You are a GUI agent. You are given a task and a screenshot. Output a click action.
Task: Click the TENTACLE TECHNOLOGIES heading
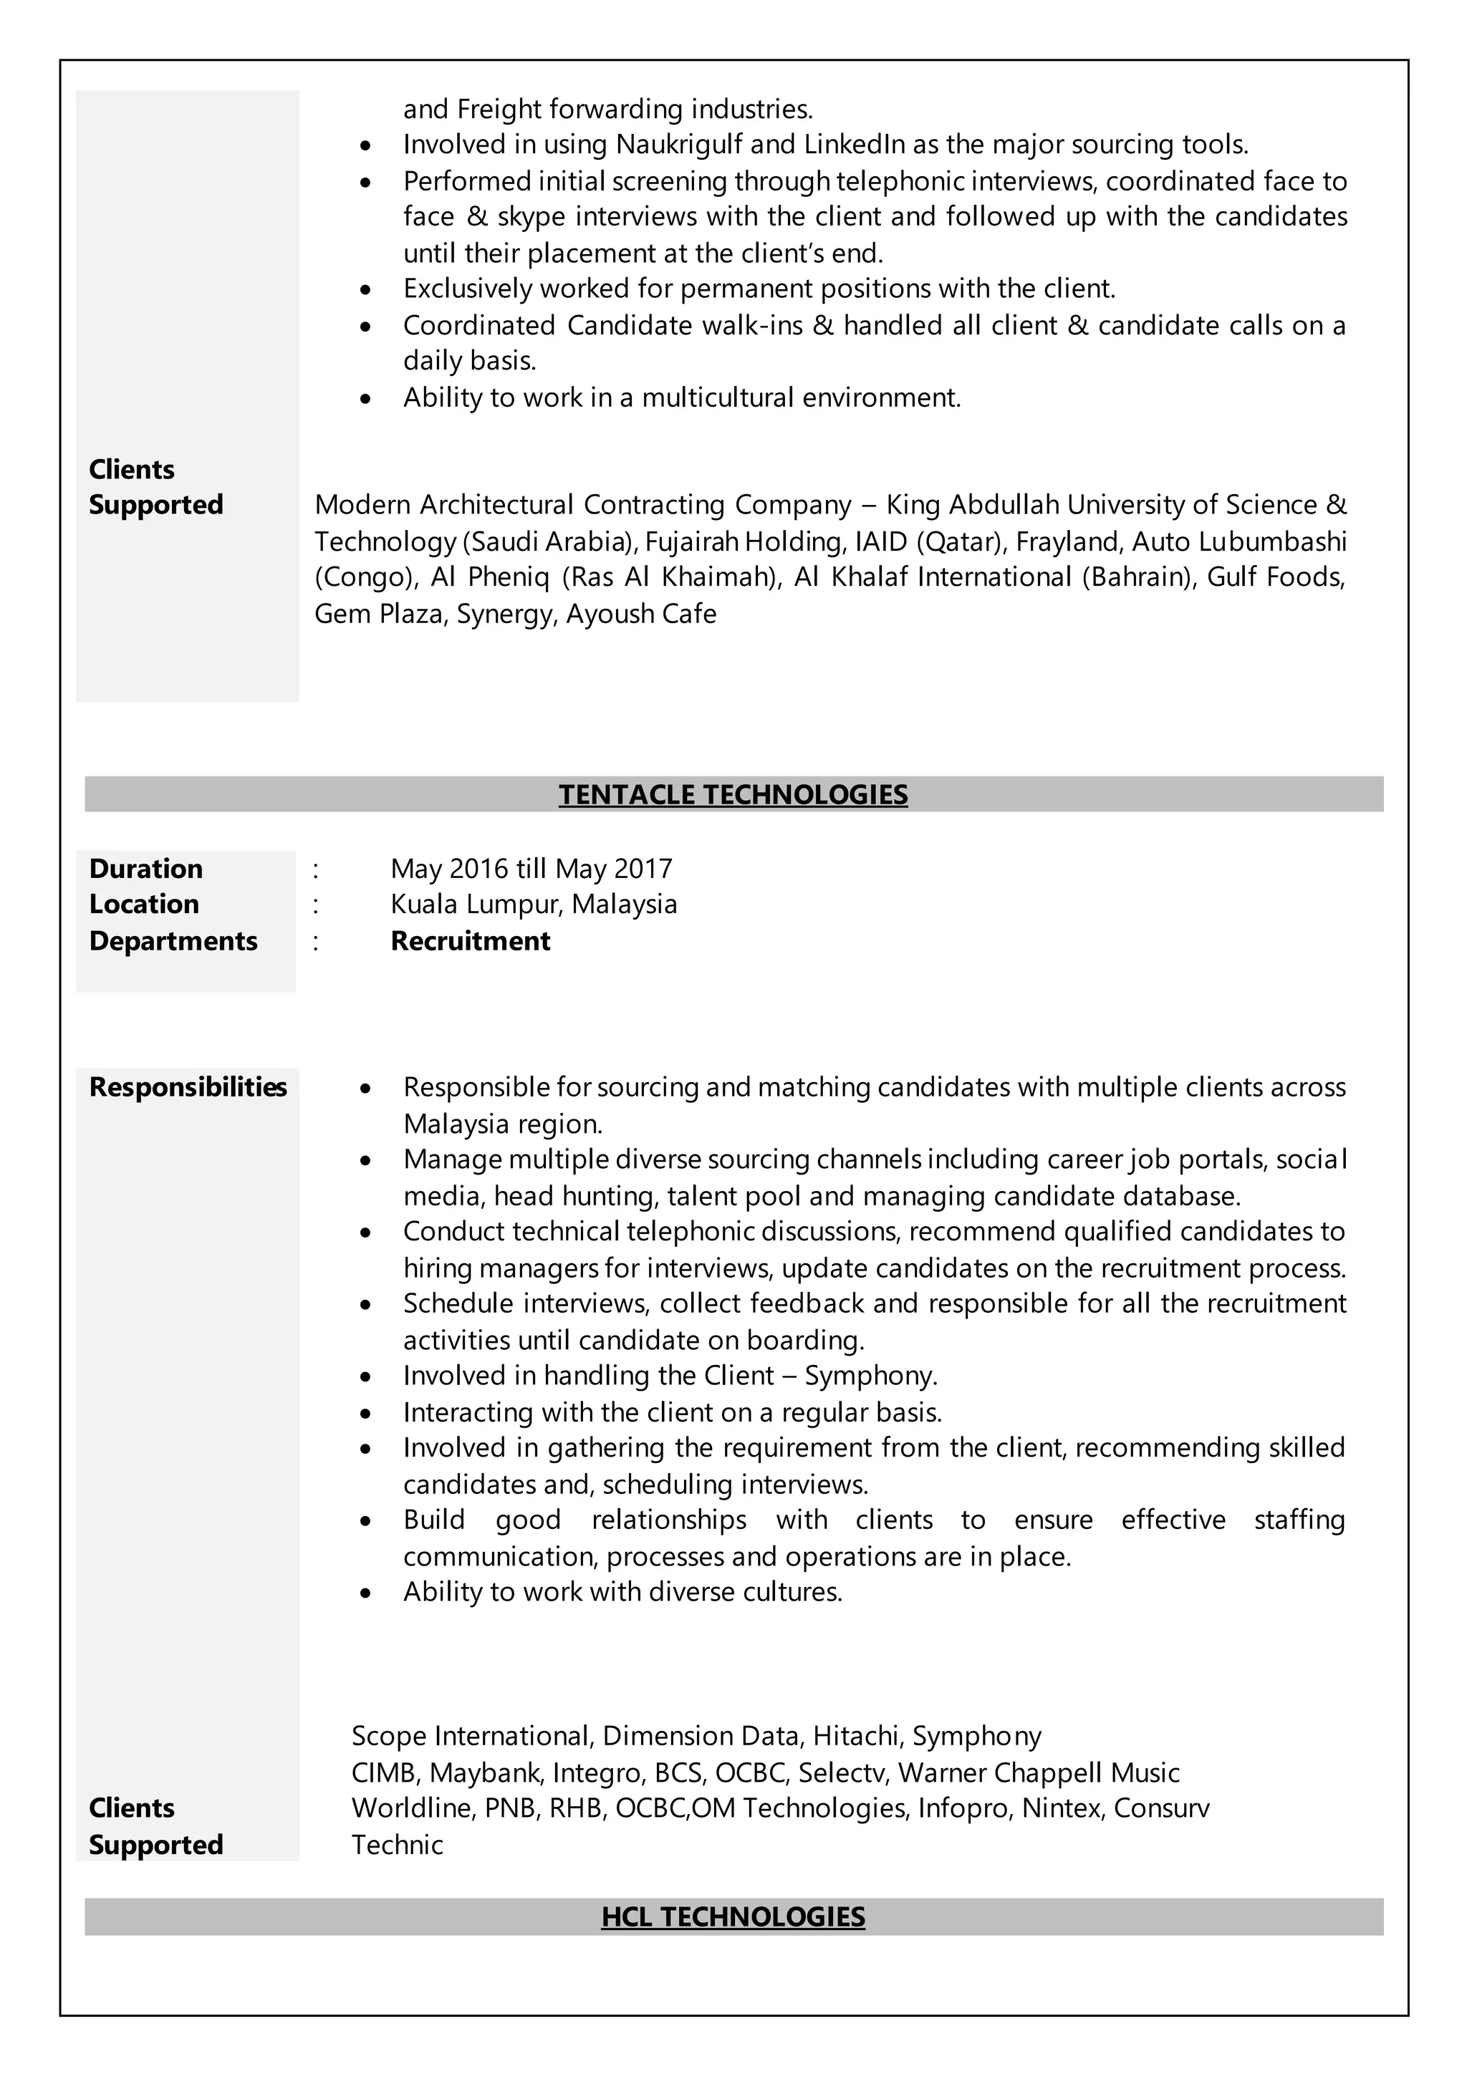[733, 795]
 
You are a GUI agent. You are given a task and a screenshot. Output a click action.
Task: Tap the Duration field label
[145, 868]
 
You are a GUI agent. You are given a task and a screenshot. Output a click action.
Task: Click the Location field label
[144, 905]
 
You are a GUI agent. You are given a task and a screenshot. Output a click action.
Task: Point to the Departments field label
[173, 941]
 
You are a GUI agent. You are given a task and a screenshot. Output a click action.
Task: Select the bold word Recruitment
[470, 941]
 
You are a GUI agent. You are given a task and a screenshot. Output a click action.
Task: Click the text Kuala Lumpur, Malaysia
[533, 905]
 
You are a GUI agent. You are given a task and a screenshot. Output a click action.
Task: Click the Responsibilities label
[187, 1086]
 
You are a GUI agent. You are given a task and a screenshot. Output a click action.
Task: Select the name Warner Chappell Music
[1039, 1773]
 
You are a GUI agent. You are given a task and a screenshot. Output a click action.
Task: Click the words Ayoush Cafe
[640, 614]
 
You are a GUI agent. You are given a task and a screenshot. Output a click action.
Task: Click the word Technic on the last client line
[397, 1845]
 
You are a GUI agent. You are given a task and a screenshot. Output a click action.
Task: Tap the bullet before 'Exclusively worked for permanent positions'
[365, 291]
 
